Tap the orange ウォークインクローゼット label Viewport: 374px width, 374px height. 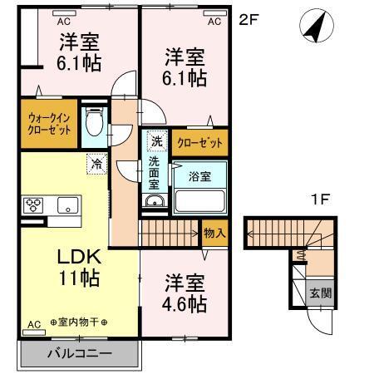(x=49, y=124)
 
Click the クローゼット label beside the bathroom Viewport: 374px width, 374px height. (x=200, y=143)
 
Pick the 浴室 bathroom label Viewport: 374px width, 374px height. (x=199, y=176)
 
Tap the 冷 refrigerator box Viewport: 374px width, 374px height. (x=97, y=165)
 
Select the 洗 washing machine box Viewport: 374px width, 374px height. (x=156, y=141)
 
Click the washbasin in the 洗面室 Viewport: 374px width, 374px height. (x=155, y=202)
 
